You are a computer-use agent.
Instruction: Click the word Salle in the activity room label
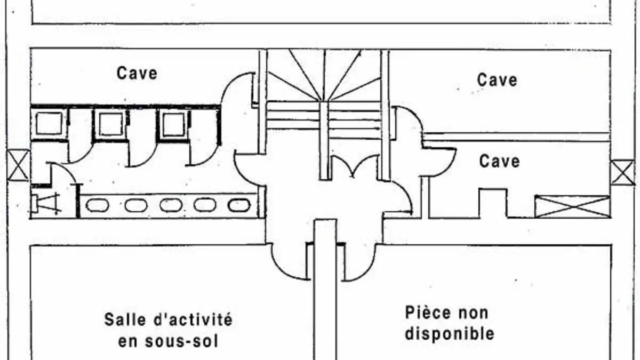125,319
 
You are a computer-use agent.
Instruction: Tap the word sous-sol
181,341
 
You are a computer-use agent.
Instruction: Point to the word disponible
450,333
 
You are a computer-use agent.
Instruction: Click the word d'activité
193,319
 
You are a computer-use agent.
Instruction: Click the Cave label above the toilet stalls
137,74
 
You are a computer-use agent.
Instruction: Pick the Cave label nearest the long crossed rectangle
499,162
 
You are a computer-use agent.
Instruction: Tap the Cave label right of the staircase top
497,80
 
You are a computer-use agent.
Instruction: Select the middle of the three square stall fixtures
110,125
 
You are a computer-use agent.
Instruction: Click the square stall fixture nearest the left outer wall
49,124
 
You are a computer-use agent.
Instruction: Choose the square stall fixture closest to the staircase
173,125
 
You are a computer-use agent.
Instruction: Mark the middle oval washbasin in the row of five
171,205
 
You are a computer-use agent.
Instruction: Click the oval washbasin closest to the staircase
239,205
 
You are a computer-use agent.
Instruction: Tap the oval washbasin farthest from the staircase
98,205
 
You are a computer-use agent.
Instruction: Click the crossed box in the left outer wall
18,165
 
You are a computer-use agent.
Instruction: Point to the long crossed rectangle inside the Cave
573,207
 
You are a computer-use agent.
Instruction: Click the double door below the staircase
355,166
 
